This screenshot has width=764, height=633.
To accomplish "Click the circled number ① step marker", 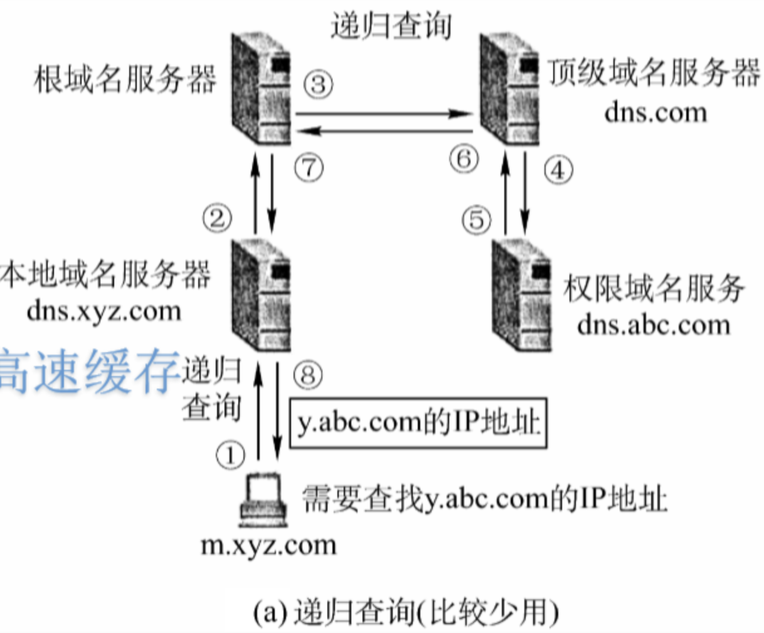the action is (x=230, y=454).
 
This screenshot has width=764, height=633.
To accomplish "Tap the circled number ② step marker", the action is (x=217, y=219).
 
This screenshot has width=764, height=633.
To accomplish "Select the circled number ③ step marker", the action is (x=318, y=83).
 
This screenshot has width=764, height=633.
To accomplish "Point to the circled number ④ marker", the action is (x=558, y=170).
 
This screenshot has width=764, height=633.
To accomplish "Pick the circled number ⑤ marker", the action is (x=476, y=220).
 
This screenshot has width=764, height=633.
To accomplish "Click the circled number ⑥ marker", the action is (x=464, y=159).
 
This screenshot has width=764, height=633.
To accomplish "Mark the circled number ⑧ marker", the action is (x=307, y=375).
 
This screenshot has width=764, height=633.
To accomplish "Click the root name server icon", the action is (x=261, y=89).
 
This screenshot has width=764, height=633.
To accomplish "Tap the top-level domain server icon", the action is (x=509, y=89).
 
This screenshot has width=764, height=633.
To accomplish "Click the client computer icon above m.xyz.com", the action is (x=263, y=502).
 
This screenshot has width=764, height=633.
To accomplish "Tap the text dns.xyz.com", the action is (x=104, y=311).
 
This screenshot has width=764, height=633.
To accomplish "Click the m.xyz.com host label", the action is (x=268, y=545).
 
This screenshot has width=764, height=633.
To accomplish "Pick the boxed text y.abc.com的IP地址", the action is (x=418, y=423).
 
